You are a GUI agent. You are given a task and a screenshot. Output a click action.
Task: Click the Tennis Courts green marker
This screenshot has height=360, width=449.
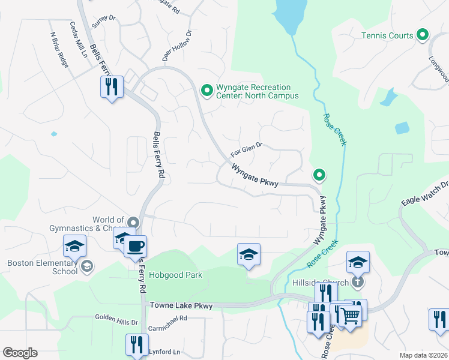(x=423, y=35)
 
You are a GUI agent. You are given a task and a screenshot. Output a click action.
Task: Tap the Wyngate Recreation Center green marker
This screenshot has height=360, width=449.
(x=207, y=91)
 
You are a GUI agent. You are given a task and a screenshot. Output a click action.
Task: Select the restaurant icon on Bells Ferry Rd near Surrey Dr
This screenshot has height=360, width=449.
(x=112, y=88)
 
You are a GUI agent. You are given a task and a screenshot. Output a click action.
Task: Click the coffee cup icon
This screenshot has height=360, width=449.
(x=135, y=246)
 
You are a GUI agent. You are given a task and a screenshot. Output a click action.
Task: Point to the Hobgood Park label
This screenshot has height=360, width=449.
(x=175, y=275)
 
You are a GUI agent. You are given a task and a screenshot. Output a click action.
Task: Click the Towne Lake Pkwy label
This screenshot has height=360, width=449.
(x=181, y=306)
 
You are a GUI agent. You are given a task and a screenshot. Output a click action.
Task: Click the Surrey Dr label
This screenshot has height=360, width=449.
(x=104, y=19)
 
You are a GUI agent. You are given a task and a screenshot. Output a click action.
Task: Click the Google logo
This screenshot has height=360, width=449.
(x=20, y=353)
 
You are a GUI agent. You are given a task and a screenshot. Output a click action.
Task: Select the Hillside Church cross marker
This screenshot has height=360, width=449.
(x=357, y=281)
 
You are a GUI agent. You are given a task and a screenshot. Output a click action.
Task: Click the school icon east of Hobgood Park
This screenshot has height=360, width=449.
(x=249, y=254)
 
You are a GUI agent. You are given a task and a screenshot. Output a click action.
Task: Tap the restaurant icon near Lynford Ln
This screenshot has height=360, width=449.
(x=137, y=346)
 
